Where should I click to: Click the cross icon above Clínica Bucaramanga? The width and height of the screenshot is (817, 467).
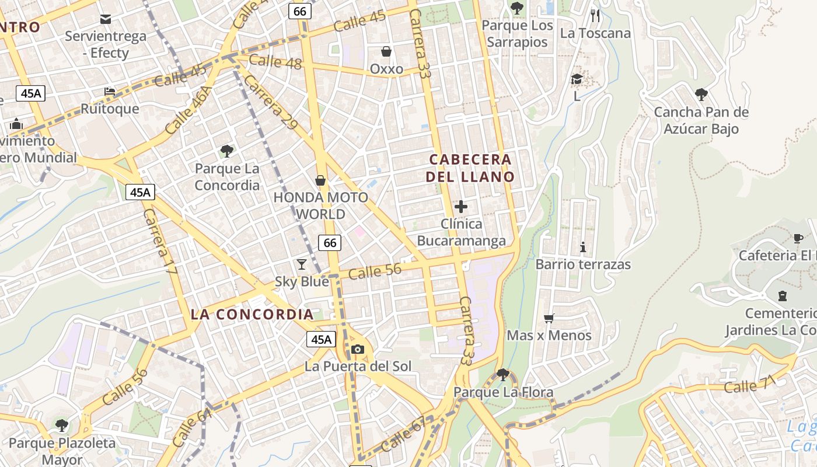[x=461, y=206]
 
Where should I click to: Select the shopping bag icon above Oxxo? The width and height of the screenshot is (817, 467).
[x=386, y=51]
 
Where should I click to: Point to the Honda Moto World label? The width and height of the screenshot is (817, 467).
[x=321, y=205]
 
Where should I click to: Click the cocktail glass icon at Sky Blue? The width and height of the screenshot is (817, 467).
[x=301, y=264]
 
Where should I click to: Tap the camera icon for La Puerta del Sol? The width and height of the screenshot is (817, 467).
[x=358, y=349]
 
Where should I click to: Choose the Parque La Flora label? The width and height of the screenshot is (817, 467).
[x=503, y=392]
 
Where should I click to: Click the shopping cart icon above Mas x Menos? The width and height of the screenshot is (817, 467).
[x=549, y=318]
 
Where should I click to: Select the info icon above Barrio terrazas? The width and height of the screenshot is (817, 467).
[x=582, y=247]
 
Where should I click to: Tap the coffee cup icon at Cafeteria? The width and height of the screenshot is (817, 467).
[x=798, y=238]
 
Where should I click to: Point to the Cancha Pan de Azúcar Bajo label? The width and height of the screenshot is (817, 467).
[x=701, y=120]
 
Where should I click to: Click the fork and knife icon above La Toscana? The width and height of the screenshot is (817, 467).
[x=595, y=15]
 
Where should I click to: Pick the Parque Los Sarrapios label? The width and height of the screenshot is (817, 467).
[x=517, y=34]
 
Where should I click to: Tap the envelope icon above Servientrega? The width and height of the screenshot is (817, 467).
[x=106, y=19]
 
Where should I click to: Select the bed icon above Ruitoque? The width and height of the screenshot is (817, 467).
[x=110, y=91]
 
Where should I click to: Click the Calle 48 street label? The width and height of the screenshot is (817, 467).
[x=275, y=61]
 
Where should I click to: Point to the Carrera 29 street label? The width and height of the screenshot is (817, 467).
[x=269, y=103]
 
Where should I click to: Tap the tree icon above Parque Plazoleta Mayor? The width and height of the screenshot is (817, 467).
[x=62, y=425]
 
